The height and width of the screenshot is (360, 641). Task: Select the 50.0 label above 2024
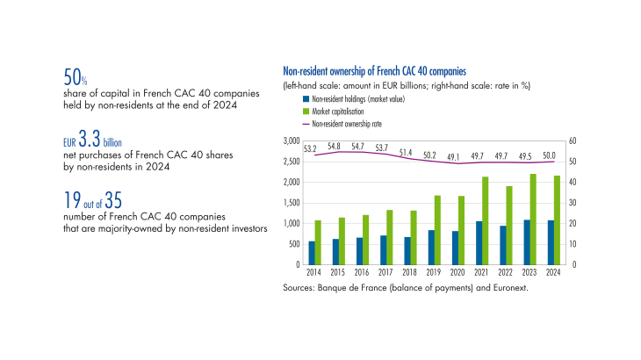pyautogui.click(x=550, y=155)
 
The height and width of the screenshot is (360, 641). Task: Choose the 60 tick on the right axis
pyautogui.click(x=573, y=140)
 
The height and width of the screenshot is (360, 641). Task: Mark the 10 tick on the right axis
pyautogui.click(x=573, y=244)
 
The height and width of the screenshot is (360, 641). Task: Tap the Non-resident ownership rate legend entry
pyautogui.click(x=347, y=125)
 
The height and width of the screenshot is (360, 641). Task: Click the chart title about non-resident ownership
pyautogui.click(x=374, y=70)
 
